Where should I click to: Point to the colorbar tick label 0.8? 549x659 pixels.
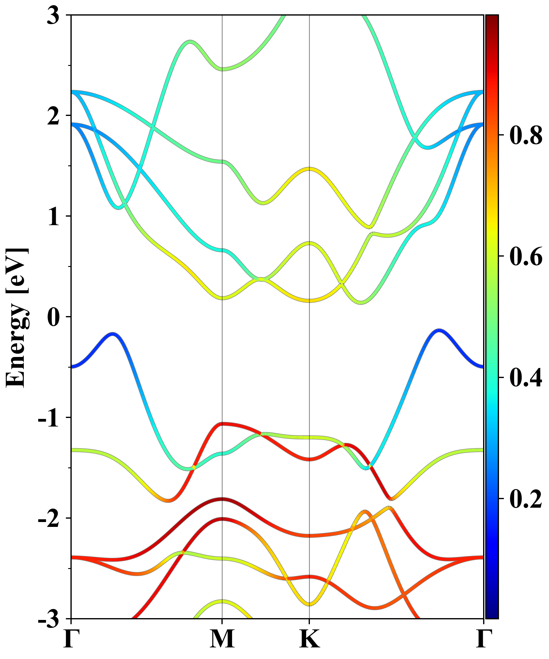click(526, 135)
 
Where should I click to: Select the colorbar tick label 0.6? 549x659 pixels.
click(526, 256)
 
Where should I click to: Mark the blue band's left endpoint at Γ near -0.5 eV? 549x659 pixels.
click(72, 366)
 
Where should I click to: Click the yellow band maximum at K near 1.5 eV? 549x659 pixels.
click(310, 169)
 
